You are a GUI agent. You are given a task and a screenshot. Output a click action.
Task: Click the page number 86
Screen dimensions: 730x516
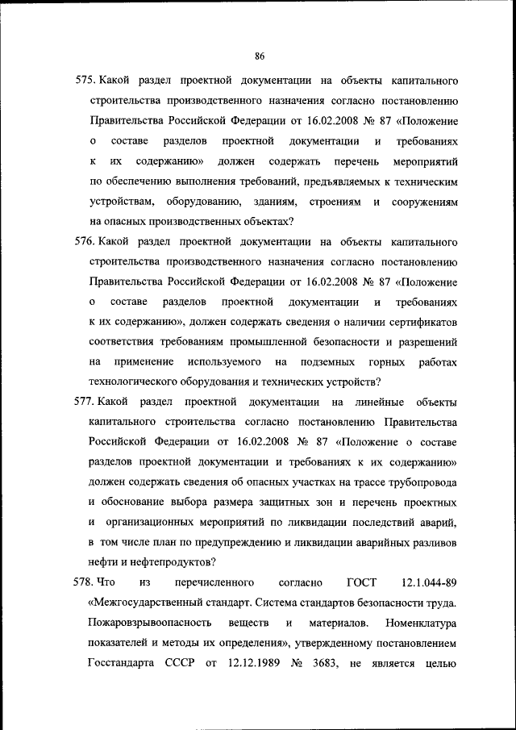(260, 56)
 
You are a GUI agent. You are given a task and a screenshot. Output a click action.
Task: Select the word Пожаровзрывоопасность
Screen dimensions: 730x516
(151, 622)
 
